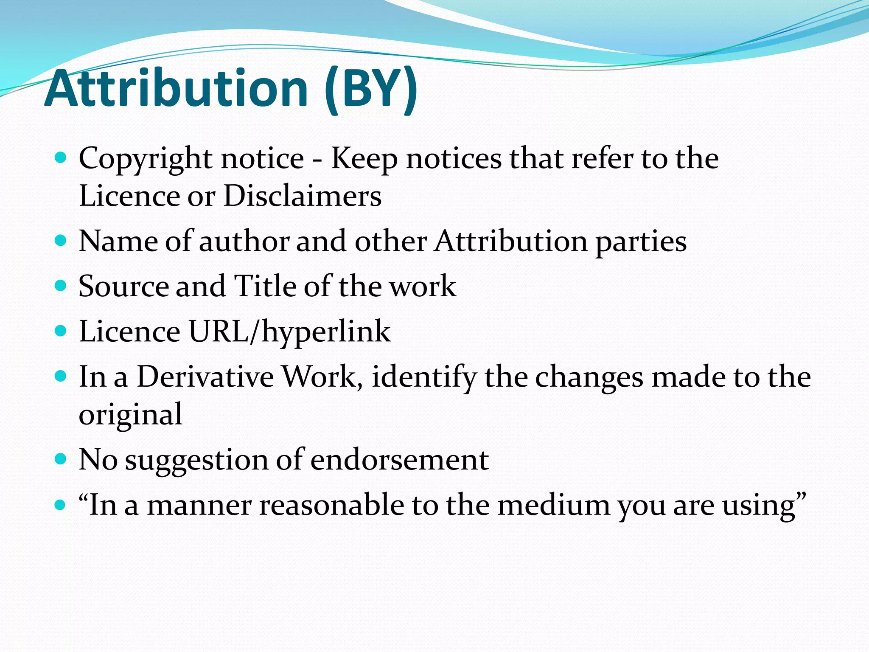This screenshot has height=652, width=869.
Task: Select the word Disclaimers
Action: [303, 196]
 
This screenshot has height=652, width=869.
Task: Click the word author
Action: [244, 242]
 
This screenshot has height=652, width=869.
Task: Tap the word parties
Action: [641, 242]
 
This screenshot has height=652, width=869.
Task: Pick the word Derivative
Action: [205, 377]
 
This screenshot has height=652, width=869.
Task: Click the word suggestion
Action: [196, 461]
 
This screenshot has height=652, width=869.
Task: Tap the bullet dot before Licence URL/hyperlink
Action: [61, 330]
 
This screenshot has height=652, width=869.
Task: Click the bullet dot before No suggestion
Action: [61, 459]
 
